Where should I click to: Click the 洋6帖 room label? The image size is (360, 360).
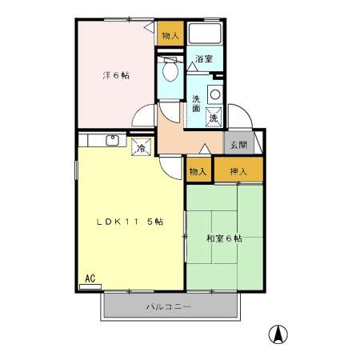(x=116, y=75)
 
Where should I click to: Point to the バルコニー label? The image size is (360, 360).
(x=168, y=306)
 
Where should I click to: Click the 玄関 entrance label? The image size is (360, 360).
(x=238, y=146)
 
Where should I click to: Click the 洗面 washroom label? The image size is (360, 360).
(x=197, y=105)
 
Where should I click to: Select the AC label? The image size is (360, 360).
(x=90, y=278)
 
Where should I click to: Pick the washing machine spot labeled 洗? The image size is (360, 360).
(x=214, y=118)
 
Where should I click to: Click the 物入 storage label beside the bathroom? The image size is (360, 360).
(x=169, y=35)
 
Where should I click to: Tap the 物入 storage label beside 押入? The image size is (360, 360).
(x=198, y=170)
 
